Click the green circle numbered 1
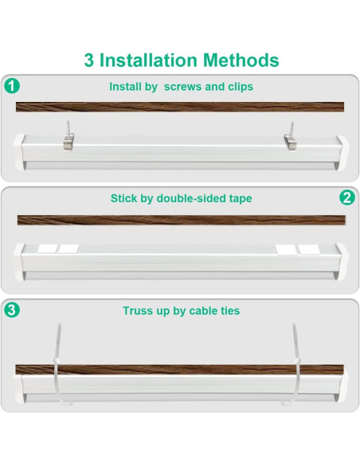pos(12,86)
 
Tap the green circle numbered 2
pos(347,197)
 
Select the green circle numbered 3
pos(12,311)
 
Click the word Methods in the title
pos(241,60)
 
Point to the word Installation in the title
pos(148,60)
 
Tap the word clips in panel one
pos(241,87)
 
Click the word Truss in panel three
pos(134,311)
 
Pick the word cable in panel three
pos(202,311)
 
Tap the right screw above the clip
pos(292,128)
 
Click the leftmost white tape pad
pos(47,248)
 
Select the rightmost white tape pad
pos(309,249)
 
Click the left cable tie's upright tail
pos(57,342)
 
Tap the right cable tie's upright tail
pos(296,342)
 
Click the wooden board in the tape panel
pos(182,220)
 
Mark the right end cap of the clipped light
pos(342,153)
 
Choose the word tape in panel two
pos(241,199)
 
